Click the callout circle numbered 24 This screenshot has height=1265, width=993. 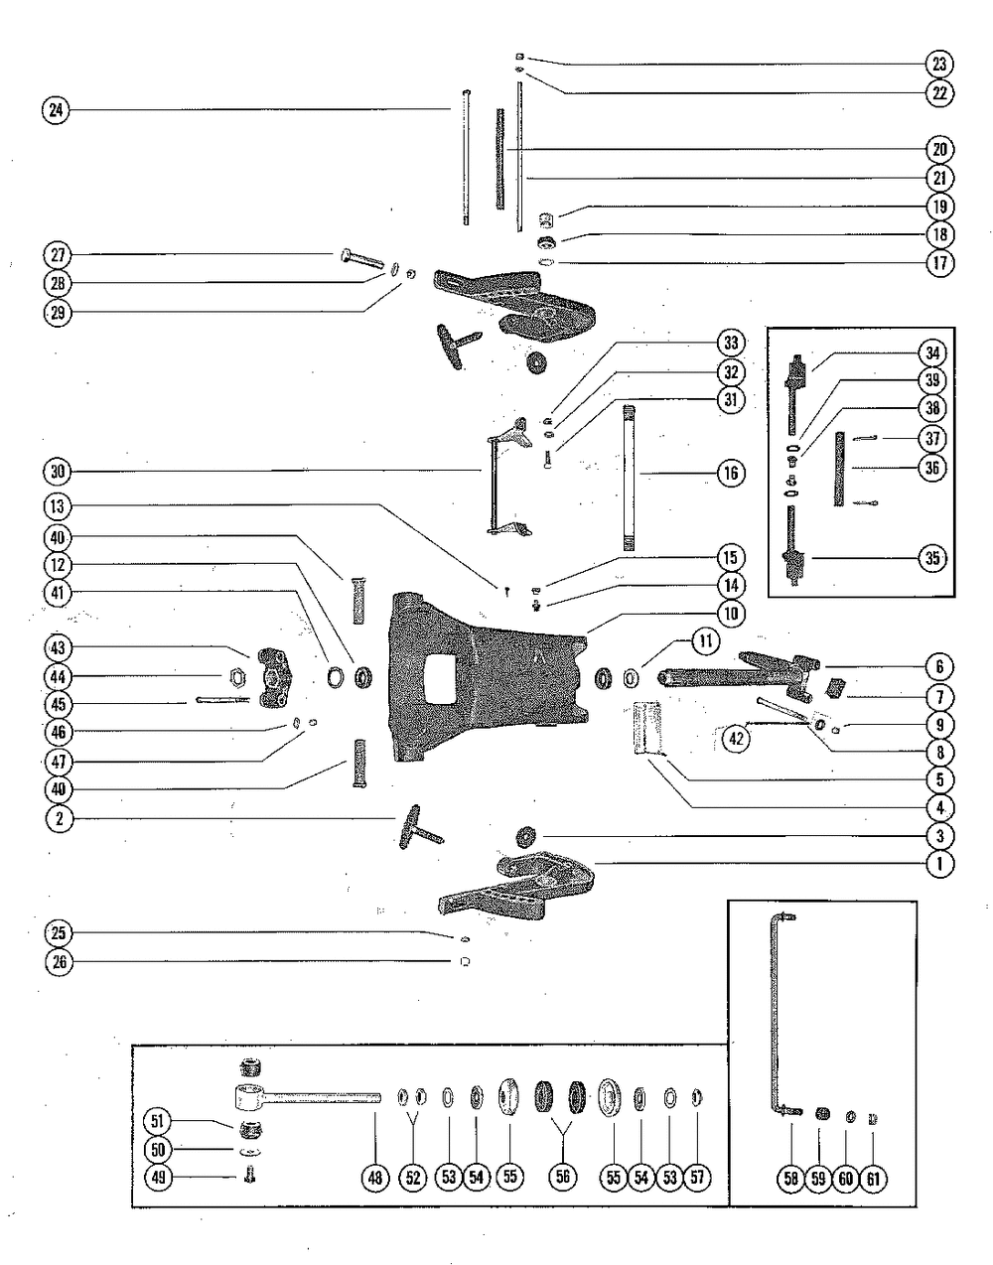(57, 110)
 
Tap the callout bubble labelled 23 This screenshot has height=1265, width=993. (938, 65)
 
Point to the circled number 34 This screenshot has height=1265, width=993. (932, 353)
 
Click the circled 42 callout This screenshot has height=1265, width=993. (736, 739)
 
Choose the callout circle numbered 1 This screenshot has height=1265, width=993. (938, 864)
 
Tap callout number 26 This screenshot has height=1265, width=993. (57, 961)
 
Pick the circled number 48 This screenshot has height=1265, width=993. (374, 1178)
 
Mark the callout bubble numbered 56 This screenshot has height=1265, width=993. (562, 1178)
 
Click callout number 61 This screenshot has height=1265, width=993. (875, 1178)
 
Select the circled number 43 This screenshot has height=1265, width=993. (57, 648)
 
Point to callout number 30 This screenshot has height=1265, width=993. (57, 470)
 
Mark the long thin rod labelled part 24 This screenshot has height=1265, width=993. (465, 159)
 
